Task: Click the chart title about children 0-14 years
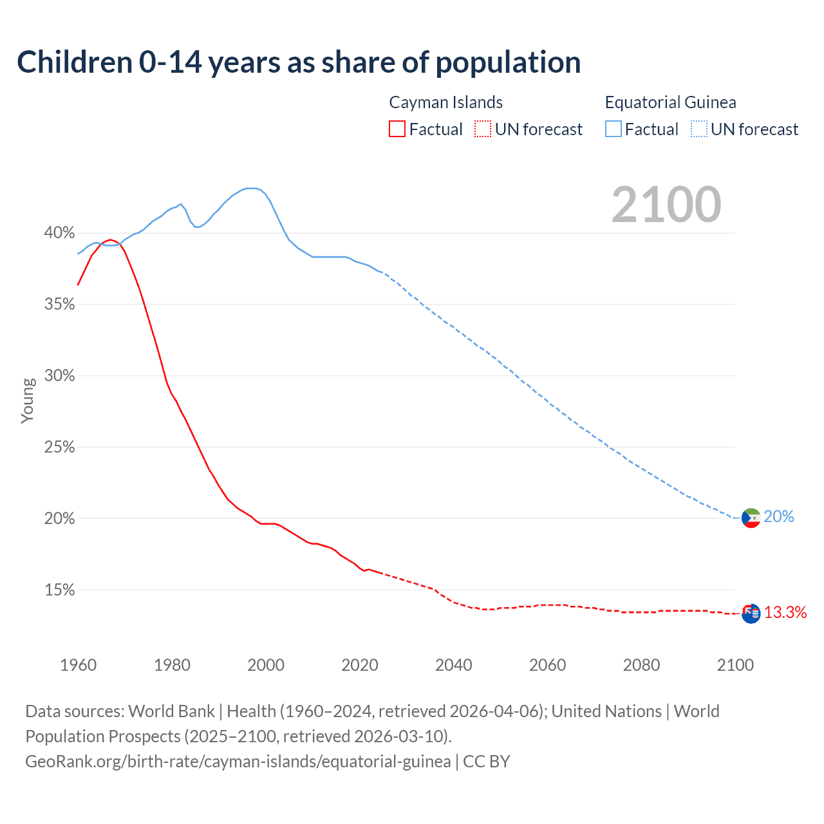tap(299, 62)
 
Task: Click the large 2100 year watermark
tap(666, 205)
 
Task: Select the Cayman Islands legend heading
tap(445, 102)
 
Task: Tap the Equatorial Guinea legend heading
tap(670, 102)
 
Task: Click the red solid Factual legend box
tap(397, 129)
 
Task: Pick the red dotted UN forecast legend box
tap(483, 129)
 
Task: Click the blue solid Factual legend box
tap(613, 129)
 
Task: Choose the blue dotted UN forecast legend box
tap(698, 129)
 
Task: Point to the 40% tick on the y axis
tap(59, 232)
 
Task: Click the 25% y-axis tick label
tap(59, 447)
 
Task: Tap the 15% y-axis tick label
tap(59, 590)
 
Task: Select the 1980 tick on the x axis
tap(172, 665)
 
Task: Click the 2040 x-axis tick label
tap(454, 665)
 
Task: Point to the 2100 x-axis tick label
tap(735, 665)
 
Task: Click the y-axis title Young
tap(28, 400)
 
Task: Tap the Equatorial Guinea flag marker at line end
tap(751, 518)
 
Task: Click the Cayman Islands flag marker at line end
tap(751, 613)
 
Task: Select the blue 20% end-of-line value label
tap(779, 517)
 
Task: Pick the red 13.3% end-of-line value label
tap(785, 613)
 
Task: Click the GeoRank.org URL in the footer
tap(238, 762)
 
